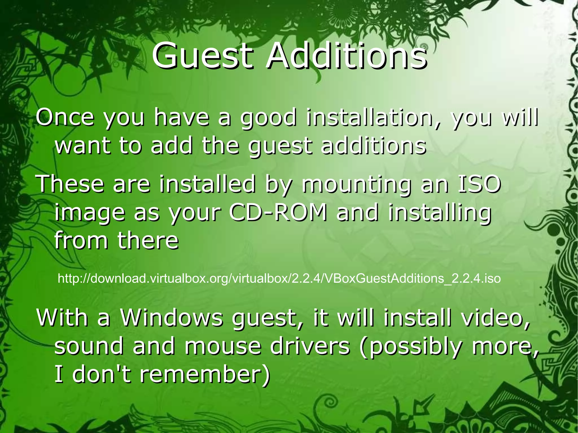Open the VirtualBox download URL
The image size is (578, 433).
279,278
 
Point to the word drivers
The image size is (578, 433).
310,346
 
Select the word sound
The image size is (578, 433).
89,346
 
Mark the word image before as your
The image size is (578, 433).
89,214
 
